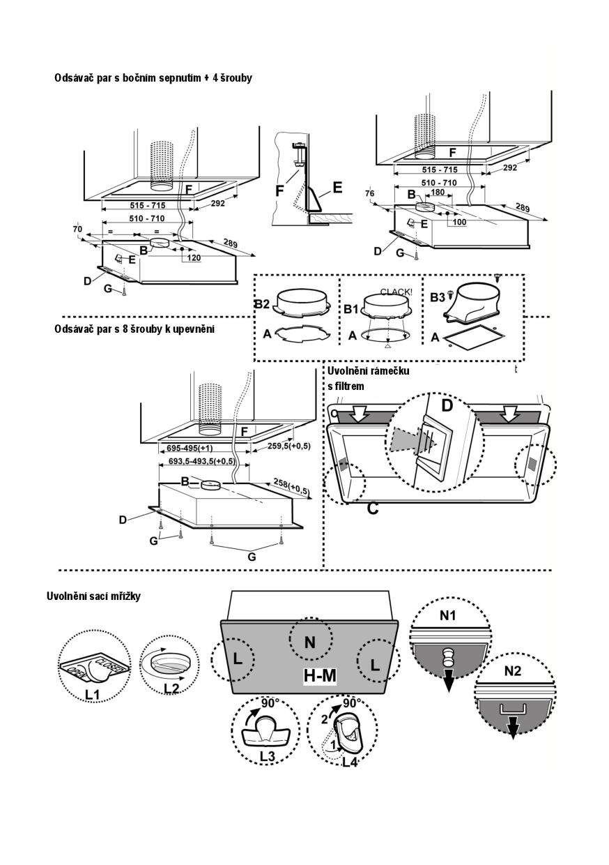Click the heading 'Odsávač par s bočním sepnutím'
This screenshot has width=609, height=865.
(153, 78)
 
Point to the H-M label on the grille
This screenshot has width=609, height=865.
(320, 676)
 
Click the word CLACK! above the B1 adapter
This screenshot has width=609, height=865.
(396, 292)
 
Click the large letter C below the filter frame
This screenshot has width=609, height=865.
(373, 509)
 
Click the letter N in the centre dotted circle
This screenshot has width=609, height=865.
(309, 642)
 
